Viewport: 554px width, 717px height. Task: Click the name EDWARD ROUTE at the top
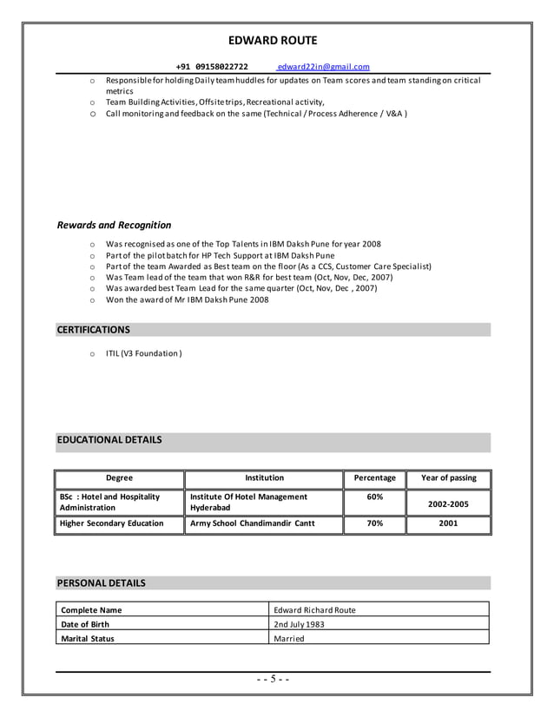[x=273, y=40]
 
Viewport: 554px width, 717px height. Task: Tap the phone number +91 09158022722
[x=211, y=67]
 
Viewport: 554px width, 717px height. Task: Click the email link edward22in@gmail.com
[x=323, y=67]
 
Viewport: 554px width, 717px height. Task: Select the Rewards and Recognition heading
[x=114, y=225]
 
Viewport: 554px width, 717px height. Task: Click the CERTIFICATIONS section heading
[x=94, y=330]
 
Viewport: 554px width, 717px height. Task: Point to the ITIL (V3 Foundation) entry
[x=143, y=353]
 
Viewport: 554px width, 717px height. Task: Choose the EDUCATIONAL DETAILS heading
[x=109, y=440]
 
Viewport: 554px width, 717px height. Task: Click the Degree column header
[x=119, y=478]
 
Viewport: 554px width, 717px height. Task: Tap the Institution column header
[x=264, y=478]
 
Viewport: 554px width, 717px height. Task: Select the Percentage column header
[x=374, y=478]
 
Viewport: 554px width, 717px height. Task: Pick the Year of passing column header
[x=448, y=478]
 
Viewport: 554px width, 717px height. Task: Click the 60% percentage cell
[x=374, y=497]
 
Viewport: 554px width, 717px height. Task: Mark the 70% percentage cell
[x=374, y=523]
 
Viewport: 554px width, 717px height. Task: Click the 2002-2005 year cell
[x=448, y=503]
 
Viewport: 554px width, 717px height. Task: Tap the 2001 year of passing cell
[x=448, y=523]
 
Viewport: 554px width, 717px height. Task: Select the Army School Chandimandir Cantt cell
[x=252, y=523]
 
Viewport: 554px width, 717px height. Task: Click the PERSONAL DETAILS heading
[x=101, y=582]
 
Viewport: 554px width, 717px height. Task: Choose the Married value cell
[x=289, y=638]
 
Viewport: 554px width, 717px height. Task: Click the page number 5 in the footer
[x=273, y=679]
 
